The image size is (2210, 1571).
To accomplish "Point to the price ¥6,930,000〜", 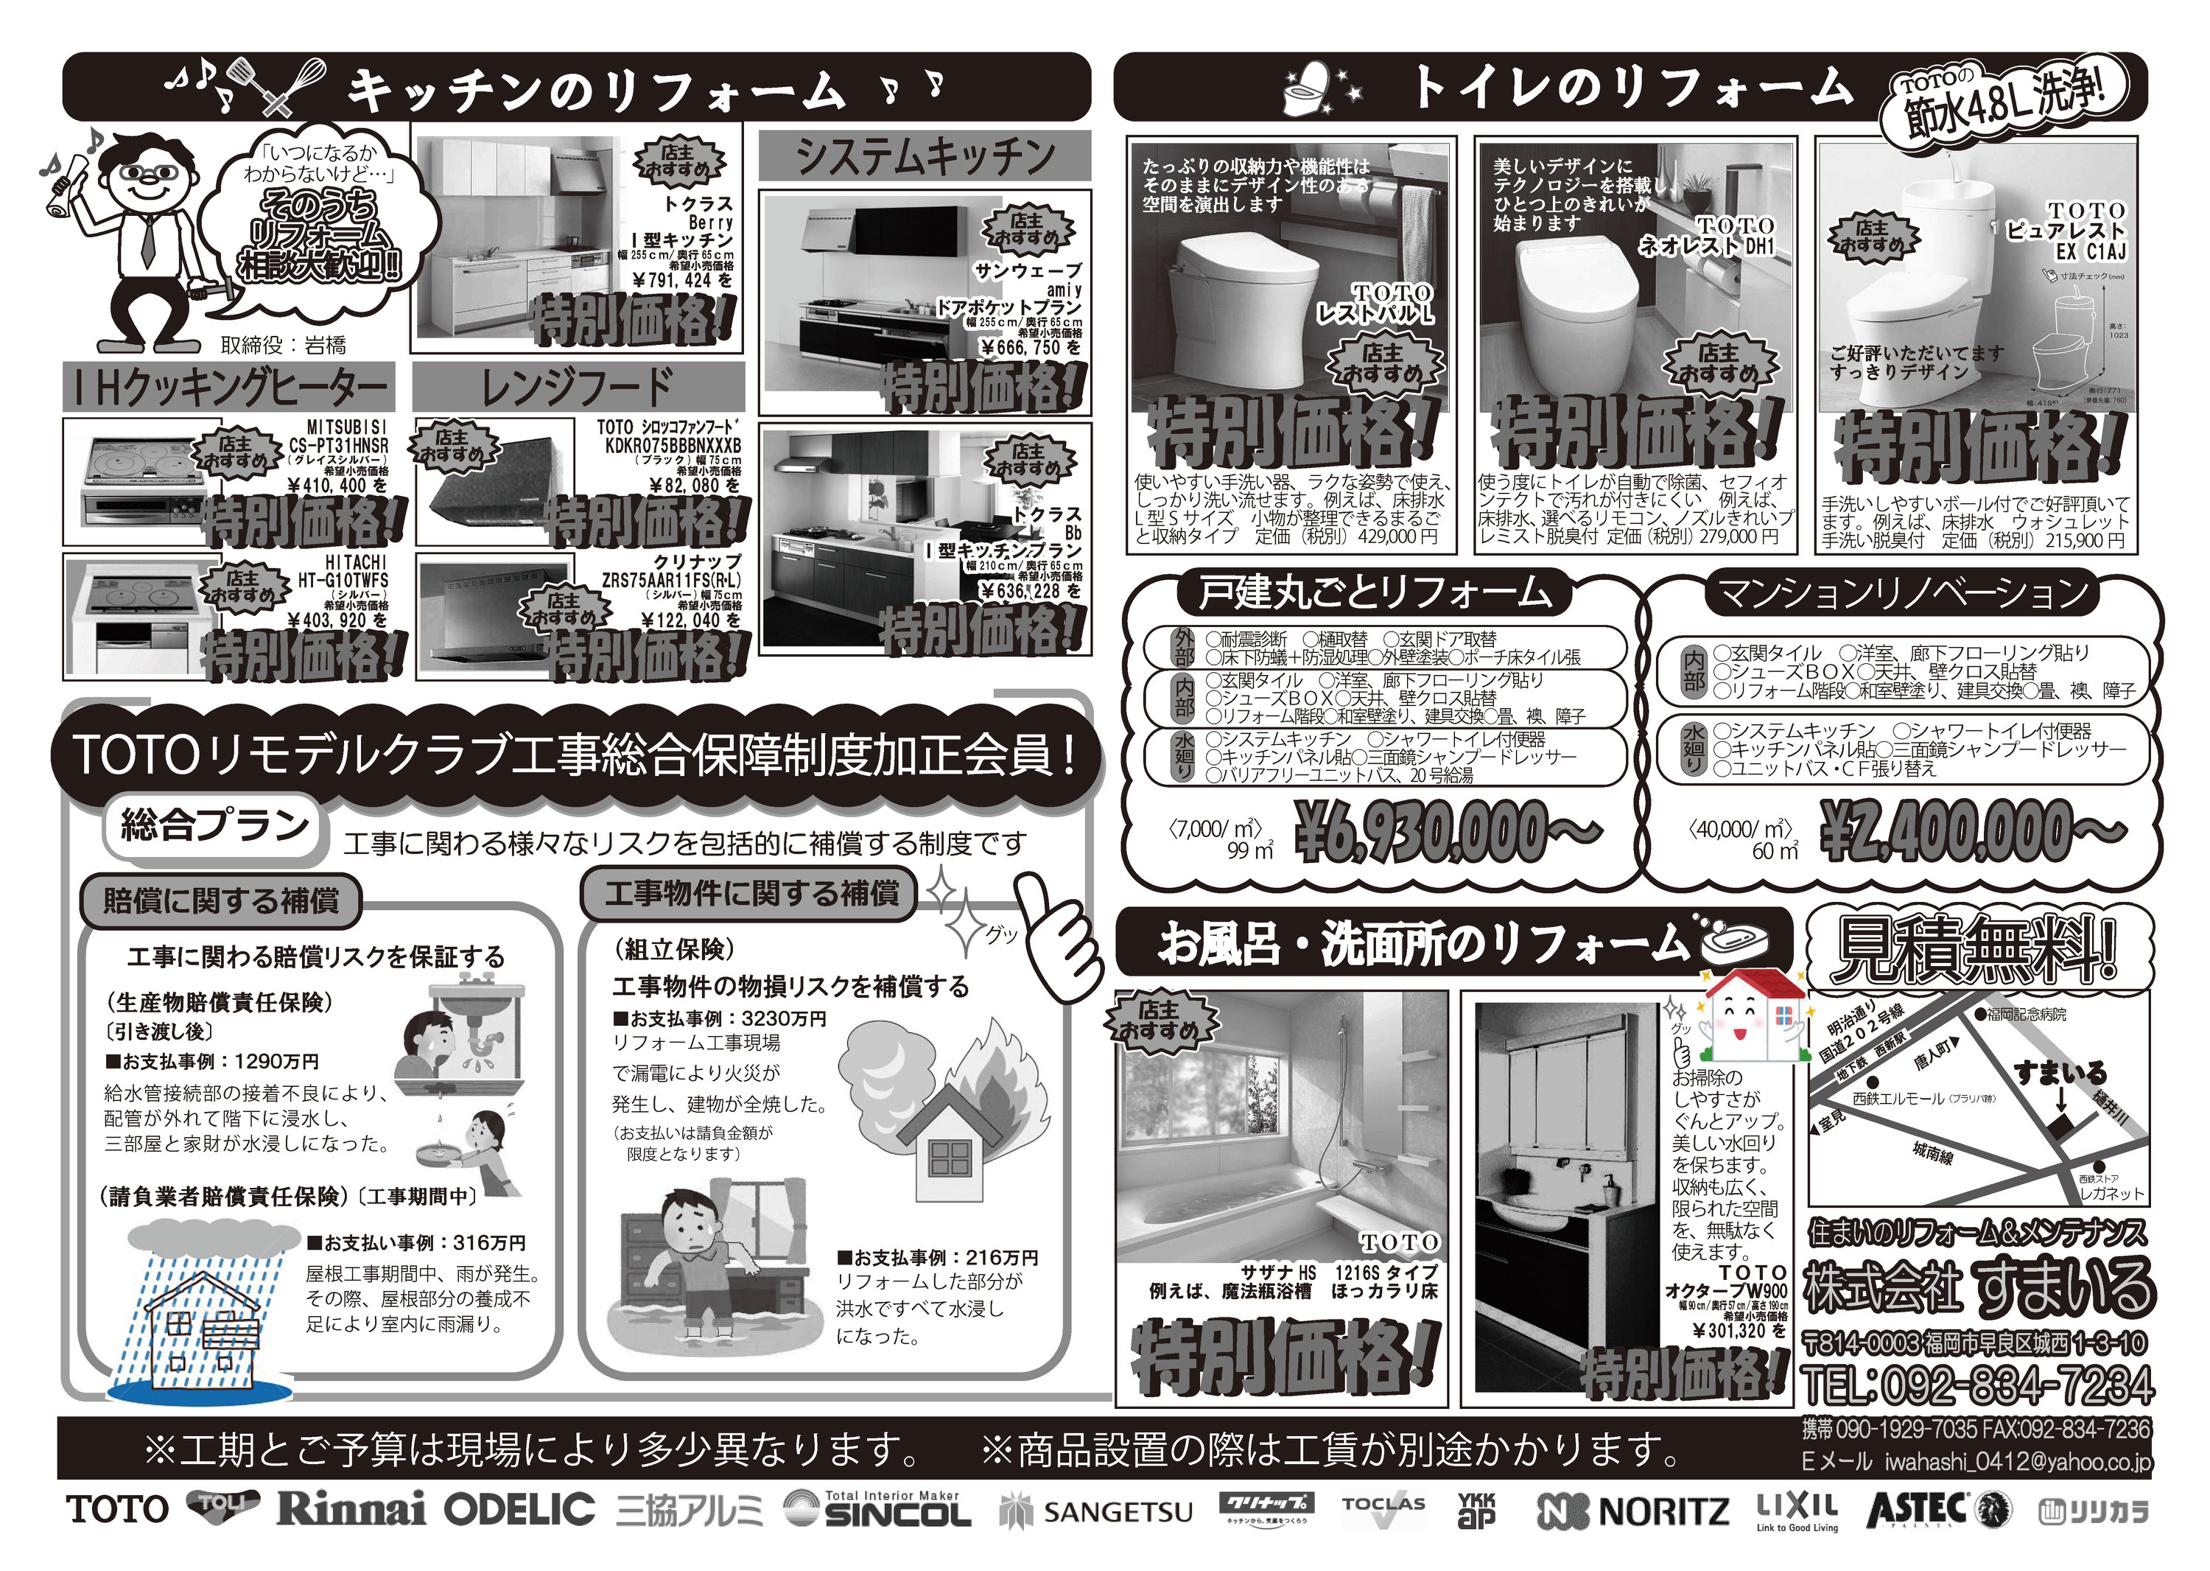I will (x=1447, y=833).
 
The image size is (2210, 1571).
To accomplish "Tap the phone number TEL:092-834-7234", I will (x=1978, y=1385).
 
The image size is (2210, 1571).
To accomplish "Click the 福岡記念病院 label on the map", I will (x=2027, y=1014).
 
